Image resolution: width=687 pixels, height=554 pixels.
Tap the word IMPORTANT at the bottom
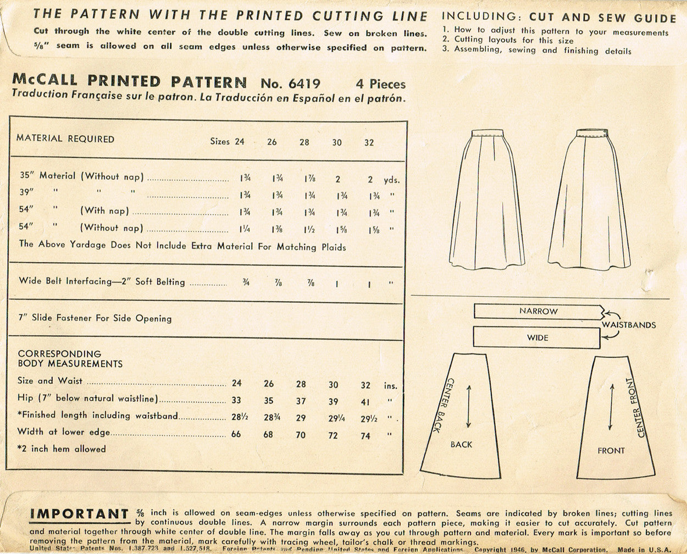(79, 514)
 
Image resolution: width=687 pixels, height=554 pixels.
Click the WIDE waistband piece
(536, 337)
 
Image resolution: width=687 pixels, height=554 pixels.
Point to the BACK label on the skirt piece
(461, 444)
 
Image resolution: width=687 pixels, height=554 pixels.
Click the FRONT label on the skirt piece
(611, 451)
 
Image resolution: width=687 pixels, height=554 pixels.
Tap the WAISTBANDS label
(628, 325)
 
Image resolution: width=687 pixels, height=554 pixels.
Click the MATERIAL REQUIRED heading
(65, 138)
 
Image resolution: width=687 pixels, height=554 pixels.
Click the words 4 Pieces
(380, 84)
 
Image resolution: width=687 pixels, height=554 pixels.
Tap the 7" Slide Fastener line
(95, 318)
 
